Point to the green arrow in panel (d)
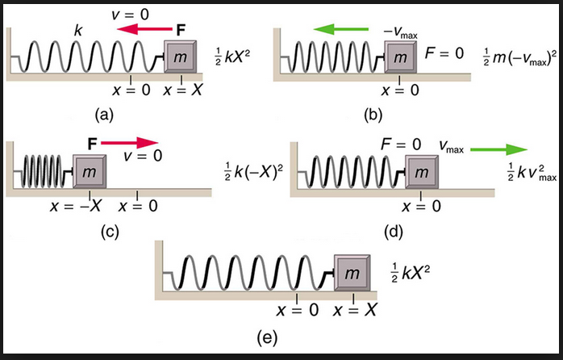497,149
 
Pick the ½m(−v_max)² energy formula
517,55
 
